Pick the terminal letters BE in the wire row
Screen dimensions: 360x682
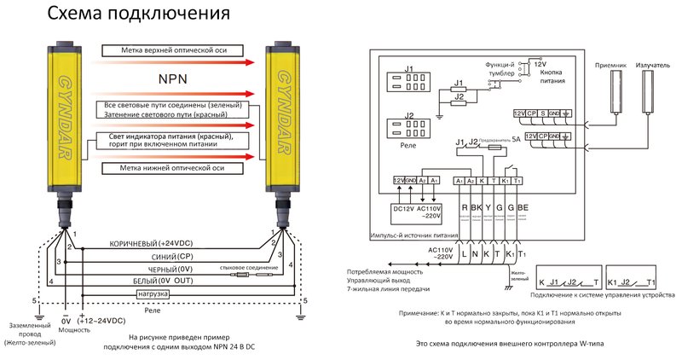tap(523, 207)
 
